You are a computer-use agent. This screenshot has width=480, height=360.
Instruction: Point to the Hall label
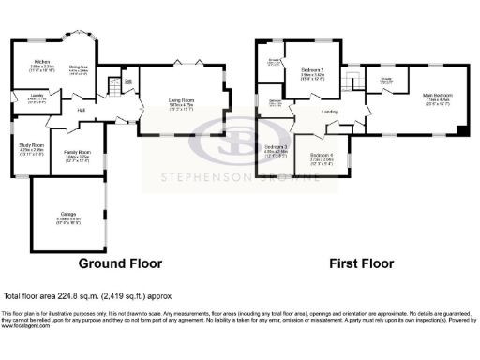click(82, 111)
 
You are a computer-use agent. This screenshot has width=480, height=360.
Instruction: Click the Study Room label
click(32, 146)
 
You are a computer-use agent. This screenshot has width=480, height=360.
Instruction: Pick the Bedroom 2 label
click(312, 71)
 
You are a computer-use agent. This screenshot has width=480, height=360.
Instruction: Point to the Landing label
click(330, 112)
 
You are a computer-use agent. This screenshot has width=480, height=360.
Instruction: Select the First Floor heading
click(360, 263)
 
